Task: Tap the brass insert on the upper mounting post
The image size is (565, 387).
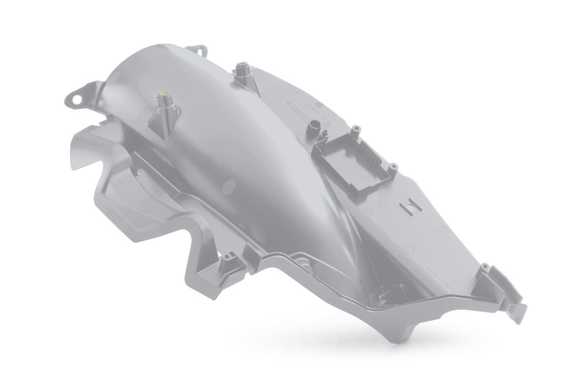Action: (x=242, y=64)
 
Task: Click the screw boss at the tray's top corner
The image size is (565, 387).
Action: (x=357, y=129)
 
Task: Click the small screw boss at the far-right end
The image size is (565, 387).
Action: (x=485, y=269)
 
